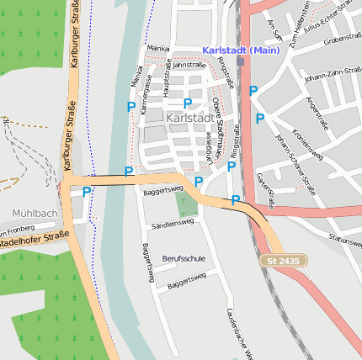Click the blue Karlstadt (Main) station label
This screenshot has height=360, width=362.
pyautogui.click(x=241, y=51)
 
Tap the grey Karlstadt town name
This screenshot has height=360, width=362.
pyautogui.click(x=189, y=119)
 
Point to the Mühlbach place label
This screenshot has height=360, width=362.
pyautogui.click(x=35, y=213)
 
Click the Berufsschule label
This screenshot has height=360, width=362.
pyautogui.click(x=184, y=257)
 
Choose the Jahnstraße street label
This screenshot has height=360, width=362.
pyautogui.click(x=189, y=64)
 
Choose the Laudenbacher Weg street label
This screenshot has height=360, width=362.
pyautogui.click(x=239, y=333)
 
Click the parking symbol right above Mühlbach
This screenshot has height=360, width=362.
pyautogui.click(x=86, y=192)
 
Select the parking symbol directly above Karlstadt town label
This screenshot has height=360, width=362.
pyautogui.click(x=188, y=103)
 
